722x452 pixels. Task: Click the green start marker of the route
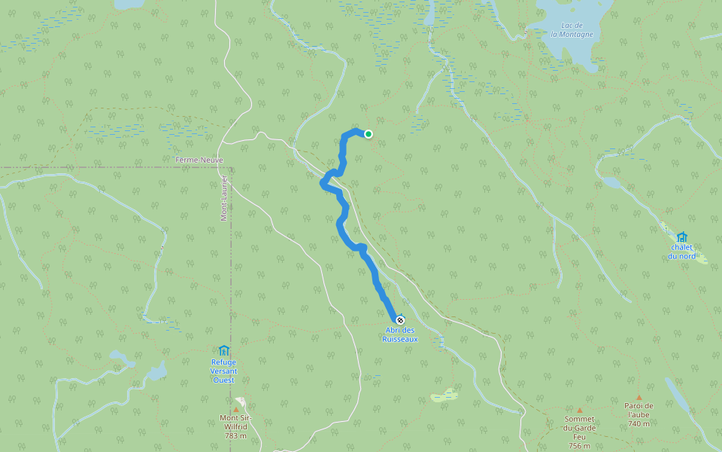(x=369, y=134)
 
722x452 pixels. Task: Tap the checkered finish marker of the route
(x=400, y=320)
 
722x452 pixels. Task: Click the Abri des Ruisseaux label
(x=399, y=334)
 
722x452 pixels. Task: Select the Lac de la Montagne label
(x=572, y=29)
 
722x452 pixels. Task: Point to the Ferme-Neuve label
(x=199, y=160)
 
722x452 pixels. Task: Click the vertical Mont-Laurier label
(x=224, y=198)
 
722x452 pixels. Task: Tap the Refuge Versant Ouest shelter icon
(x=223, y=350)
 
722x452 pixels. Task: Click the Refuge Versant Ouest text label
(x=223, y=371)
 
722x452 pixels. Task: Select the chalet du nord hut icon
(x=681, y=237)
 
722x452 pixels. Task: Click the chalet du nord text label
(x=681, y=252)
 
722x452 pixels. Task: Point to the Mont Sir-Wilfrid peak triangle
(x=235, y=410)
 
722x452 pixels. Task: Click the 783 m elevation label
(x=235, y=435)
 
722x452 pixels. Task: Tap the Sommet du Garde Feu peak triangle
(x=579, y=411)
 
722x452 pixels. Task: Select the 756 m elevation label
(x=579, y=445)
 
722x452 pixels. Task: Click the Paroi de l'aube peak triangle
(x=639, y=397)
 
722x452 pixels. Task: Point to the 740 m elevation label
(x=639, y=423)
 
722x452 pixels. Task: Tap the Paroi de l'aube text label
(x=639, y=411)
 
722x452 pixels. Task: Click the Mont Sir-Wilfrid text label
(x=235, y=423)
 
